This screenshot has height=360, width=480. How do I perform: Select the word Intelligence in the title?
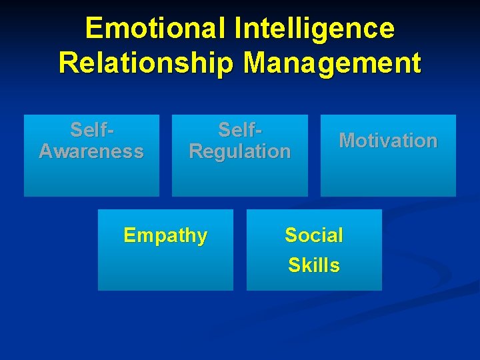[x=315, y=29]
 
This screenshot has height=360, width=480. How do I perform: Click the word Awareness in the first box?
[x=91, y=151]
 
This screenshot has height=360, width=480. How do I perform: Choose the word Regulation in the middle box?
[x=240, y=151]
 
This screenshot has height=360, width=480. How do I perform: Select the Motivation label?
[x=388, y=141]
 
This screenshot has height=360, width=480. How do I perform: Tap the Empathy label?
[x=165, y=235]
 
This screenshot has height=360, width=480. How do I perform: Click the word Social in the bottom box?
[x=314, y=235]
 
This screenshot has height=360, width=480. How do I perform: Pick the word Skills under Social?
[x=314, y=265]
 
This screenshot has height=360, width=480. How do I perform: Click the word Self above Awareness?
[x=88, y=129]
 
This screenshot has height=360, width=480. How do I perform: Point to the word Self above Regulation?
[x=237, y=129]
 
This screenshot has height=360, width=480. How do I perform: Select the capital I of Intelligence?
[x=239, y=29]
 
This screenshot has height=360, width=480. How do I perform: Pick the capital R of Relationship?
[x=68, y=63]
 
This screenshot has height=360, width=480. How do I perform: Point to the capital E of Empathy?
[x=129, y=235]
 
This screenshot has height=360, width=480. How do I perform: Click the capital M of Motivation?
[x=347, y=141]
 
